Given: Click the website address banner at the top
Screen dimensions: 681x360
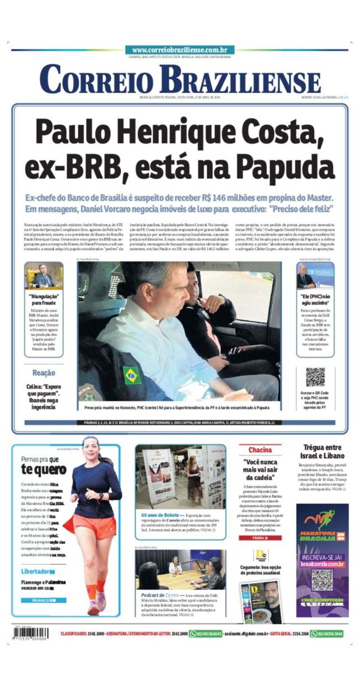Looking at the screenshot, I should coord(180,50).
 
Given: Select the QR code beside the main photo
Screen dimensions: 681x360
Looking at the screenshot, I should coord(315,377).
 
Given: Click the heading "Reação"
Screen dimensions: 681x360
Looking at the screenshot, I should coord(44,373).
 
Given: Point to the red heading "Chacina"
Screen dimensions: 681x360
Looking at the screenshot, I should coord(260,450).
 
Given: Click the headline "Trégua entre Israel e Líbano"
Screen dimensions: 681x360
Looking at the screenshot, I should coord(322,452).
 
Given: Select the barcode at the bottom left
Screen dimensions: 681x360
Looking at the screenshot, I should coord(30,633).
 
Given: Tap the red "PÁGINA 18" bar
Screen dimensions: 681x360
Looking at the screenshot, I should coord(260,538).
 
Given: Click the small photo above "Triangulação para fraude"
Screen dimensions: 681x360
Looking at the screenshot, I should coord(44,276).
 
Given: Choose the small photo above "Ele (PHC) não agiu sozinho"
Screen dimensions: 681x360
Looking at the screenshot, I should coord(315,276).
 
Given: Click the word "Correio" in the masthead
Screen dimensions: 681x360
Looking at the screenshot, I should coord(97,79).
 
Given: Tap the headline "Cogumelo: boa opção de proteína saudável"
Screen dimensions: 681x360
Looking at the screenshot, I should coord(261,570).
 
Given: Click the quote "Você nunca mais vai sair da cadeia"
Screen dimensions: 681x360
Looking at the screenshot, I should coord(260,469).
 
